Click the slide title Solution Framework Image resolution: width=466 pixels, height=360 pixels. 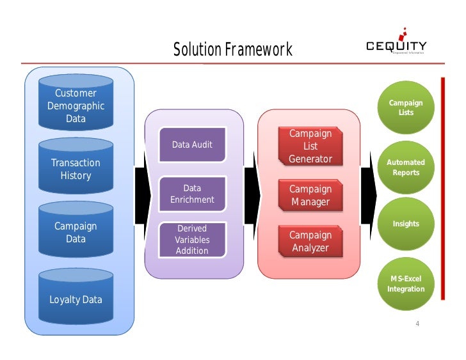point(232,50)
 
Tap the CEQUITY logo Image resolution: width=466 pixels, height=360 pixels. point(396,45)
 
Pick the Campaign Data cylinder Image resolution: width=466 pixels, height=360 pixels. point(76,232)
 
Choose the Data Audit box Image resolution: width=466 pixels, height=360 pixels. point(192,145)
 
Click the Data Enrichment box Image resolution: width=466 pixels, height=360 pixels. point(192,194)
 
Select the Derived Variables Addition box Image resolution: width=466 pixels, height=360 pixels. point(192,239)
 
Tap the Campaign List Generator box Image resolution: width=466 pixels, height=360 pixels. point(310,146)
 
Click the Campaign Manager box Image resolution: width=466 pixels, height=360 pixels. point(310,196)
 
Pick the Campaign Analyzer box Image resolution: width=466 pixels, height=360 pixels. point(310,241)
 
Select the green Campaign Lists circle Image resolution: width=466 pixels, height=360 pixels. point(406,107)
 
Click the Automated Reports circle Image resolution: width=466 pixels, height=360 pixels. point(406,168)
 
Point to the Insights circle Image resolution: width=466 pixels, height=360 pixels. point(406,224)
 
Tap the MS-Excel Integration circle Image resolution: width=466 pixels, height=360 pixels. point(406,284)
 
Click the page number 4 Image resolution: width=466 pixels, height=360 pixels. point(417,323)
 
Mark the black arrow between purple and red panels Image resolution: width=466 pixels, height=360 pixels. point(250,194)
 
